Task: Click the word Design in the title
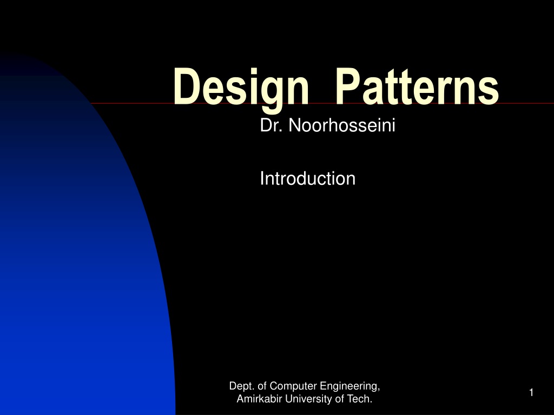coord(241,89)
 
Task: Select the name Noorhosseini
coord(342,125)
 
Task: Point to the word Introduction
coord(308,178)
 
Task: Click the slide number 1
coord(531,392)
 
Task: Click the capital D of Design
coord(185,86)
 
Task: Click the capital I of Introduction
coord(262,178)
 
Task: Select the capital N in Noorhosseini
coord(294,125)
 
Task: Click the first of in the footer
coord(262,386)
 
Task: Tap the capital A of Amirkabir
coord(241,399)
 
